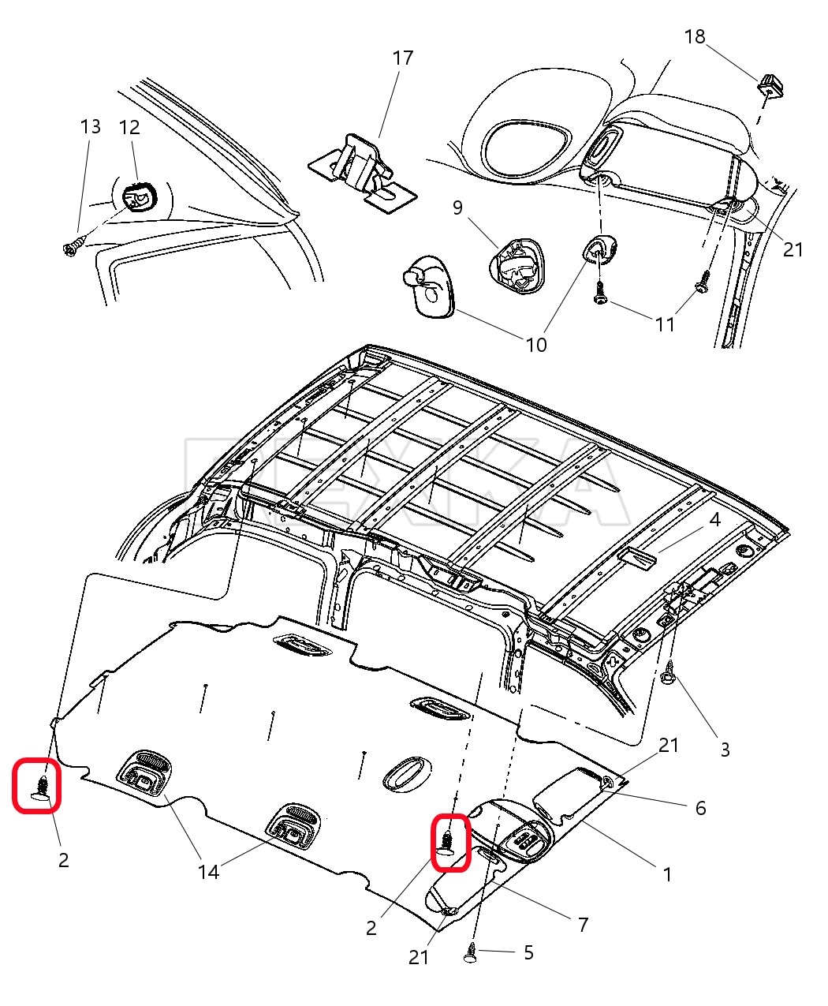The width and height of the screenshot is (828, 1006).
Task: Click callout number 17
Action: [402, 58]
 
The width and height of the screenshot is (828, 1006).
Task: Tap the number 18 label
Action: [695, 36]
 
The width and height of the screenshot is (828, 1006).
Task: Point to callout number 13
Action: [91, 126]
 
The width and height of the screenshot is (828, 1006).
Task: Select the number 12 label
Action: [129, 127]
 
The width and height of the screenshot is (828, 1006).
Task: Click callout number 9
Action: [457, 208]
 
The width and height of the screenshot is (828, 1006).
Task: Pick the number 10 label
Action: [536, 345]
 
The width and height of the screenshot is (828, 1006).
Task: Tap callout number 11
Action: [665, 324]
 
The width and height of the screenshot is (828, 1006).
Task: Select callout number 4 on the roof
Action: [714, 520]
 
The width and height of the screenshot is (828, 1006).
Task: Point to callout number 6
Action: [700, 808]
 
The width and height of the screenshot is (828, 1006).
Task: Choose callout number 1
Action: [667, 874]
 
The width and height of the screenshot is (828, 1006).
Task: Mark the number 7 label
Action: [584, 925]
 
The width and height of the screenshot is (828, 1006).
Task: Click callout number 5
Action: [528, 953]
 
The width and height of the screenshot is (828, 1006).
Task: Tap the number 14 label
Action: [208, 871]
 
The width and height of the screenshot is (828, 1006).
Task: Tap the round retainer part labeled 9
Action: [515, 264]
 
